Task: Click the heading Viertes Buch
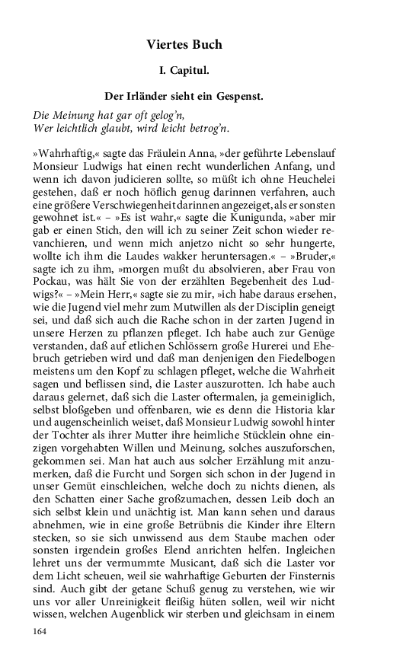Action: [184, 45]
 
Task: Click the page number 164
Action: [40, 631]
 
